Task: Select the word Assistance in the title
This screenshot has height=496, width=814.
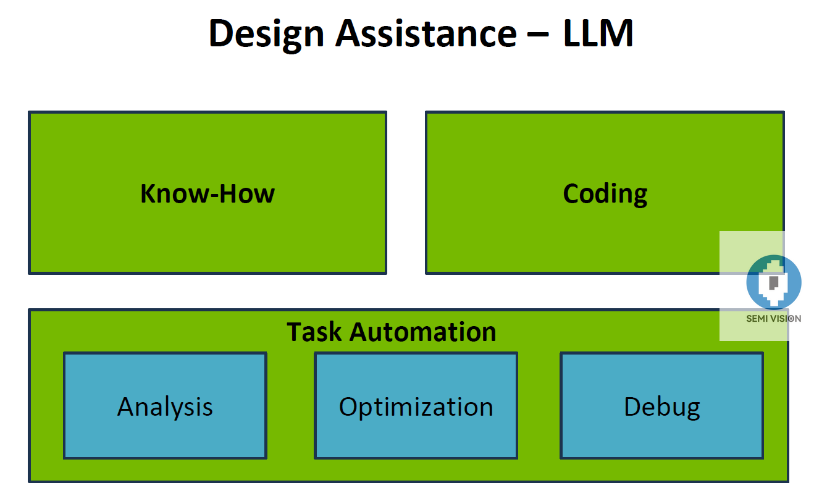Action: click(x=426, y=33)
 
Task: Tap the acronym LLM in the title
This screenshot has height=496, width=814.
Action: click(x=598, y=33)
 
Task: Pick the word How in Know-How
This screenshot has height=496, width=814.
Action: click(x=247, y=194)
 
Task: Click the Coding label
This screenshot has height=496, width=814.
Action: click(x=605, y=194)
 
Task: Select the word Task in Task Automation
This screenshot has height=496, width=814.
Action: click(x=314, y=332)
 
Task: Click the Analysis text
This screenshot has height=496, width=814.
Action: click(x=165, y=407)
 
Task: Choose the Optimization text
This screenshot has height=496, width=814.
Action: click(x=416, y=407)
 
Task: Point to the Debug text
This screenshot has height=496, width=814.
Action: click(x=661, y=407)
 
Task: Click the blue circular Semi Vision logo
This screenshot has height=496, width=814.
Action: click(x=773, y=282)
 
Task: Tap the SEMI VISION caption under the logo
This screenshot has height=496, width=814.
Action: click(x=773, y=319)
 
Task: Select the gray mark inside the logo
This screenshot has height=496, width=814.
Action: click(x=773, y=282)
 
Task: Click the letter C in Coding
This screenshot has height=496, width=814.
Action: click(x=572, y=194)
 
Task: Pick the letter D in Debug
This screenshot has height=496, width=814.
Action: click(x=632, y=407)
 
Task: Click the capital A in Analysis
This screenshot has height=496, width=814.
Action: click(x=126, y=407)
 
